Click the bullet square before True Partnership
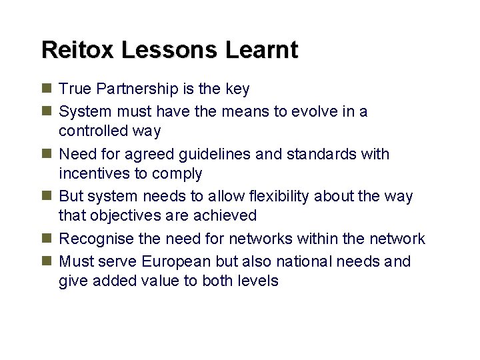point(46,88)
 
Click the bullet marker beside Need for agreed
point(46,153)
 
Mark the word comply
point(179,173)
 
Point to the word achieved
point(224,215)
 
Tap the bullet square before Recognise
point(46,238)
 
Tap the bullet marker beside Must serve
point(46,261)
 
